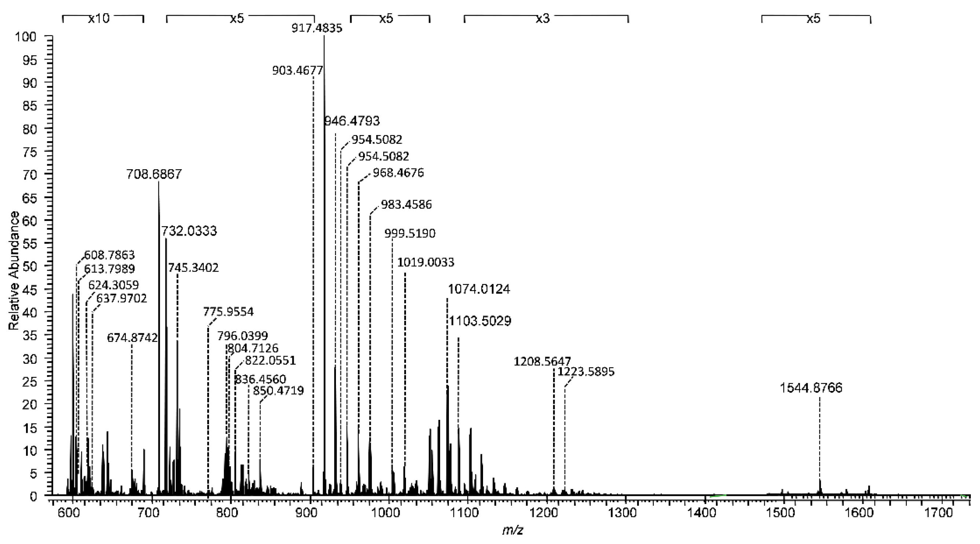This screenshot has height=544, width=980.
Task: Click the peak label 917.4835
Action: pos(317,28)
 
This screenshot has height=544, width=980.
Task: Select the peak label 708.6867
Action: pos(154,174)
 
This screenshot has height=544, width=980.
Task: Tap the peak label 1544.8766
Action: pos(811,388)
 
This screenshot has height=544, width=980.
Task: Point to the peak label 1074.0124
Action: pos(479,289)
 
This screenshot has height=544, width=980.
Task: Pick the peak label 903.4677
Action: pos(297,70)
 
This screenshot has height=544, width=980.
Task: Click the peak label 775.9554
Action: pos(228,312)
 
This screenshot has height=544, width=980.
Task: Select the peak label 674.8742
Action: pos(132,337)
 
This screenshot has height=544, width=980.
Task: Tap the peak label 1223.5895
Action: pos(586,371)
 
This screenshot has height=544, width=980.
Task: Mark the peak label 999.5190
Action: pos(410,233)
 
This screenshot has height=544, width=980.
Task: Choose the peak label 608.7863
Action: pos(110,255)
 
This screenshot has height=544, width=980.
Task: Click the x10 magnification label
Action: pos(99,19)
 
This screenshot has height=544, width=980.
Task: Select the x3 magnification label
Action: pos(542,19)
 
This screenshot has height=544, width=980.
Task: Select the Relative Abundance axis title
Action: pos(14,271)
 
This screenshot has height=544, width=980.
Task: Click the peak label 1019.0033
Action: pos(426,262)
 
